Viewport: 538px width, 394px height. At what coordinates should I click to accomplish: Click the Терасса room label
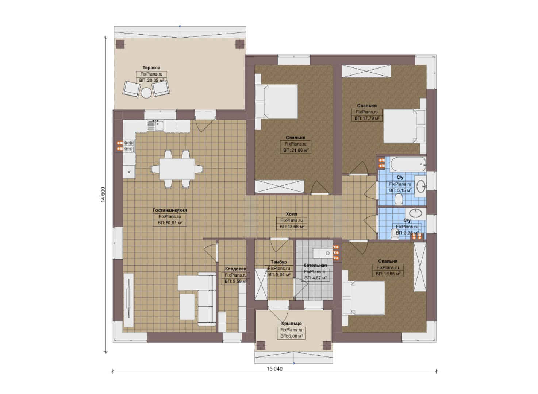(151, 68)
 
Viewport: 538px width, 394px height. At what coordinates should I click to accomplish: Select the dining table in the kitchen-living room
(177, 169)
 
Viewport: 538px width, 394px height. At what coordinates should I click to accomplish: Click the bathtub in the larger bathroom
(408, 164)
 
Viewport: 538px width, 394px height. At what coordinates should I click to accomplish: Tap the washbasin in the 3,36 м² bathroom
(416, 212)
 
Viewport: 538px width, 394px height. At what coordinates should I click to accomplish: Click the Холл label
(292, 214)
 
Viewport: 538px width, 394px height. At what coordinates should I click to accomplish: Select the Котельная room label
(315, 265)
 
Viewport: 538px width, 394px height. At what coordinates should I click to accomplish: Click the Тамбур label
(279, 262)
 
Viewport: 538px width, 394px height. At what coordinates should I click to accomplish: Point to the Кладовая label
(236, 269)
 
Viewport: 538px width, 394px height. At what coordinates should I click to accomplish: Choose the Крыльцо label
(291, 324)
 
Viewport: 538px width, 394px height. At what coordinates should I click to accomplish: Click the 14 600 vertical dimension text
(103, 195)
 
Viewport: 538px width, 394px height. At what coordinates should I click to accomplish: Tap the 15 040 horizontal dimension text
(274, 368)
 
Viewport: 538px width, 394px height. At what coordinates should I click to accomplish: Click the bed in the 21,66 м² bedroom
(276, 101)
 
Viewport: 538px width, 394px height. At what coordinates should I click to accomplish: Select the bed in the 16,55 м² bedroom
(363, 298)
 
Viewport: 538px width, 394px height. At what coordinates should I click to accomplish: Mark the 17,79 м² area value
(367, 118)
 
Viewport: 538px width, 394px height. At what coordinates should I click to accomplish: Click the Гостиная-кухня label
(170, 210)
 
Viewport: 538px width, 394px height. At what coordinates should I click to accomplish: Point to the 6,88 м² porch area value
(291, 336)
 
